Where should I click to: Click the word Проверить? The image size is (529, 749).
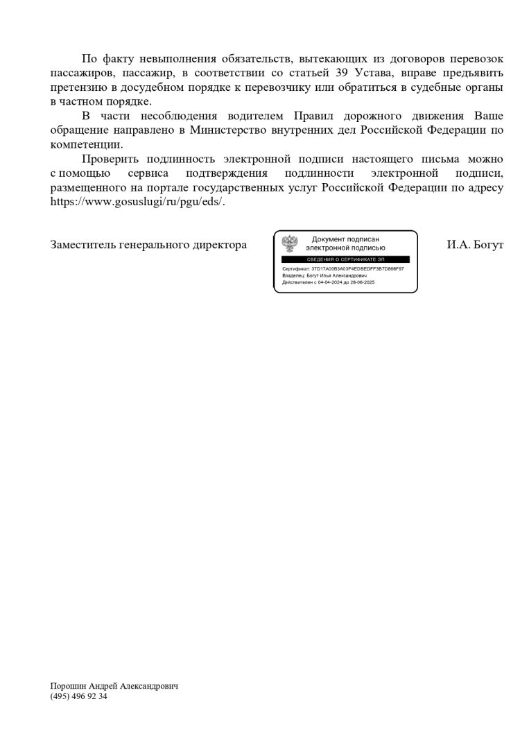[x=110, y=160]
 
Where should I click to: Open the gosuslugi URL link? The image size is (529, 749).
[x=137, y=203]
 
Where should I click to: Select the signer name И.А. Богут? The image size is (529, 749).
[x=475, y=245]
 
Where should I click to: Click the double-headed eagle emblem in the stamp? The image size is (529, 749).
[x=290, y=243]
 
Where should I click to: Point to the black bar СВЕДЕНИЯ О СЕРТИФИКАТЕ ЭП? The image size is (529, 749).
[x=345, y=259]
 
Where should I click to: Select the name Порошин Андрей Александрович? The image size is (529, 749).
[x=114, y=686]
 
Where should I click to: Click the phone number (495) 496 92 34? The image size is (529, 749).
[x=78, y=696]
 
